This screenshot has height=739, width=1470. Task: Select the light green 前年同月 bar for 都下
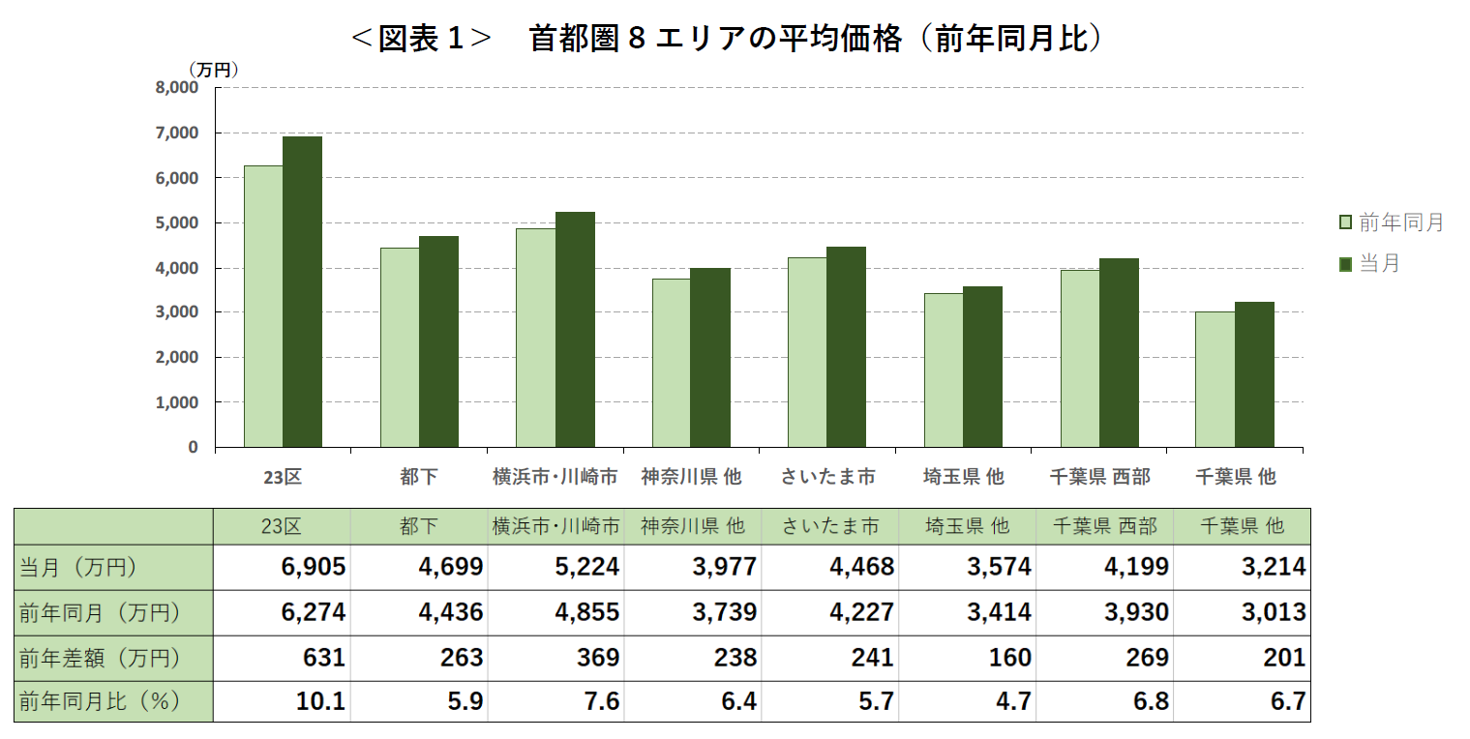(x=400, y=347)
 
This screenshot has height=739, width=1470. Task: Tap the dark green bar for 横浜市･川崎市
(x=575, y=329)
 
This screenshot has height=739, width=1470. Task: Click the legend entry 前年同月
(x=1391, y=222)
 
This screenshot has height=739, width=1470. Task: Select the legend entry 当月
(x=1369, y=263)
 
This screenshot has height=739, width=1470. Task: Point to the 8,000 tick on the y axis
(x=177, y=88)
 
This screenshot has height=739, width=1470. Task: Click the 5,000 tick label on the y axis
(x=177, y=222)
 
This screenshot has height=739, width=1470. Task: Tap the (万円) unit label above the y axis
(x=213, y=70)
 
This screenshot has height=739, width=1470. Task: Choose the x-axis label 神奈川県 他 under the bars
(x=691, y=477)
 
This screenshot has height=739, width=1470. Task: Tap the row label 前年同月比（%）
(x=101, y=702)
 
